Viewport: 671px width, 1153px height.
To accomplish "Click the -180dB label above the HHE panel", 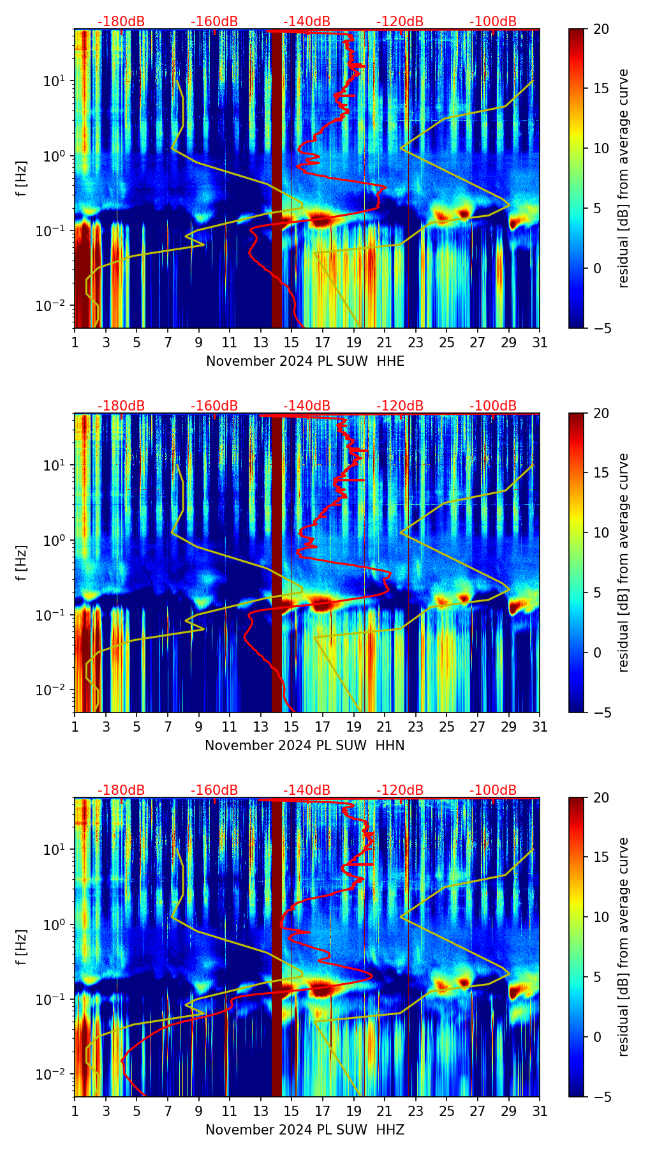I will (x=121, y=22).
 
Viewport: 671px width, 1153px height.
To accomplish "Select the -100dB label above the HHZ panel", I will (x=493, y=790).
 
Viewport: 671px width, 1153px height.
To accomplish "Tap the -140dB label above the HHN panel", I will (x=307, y=406).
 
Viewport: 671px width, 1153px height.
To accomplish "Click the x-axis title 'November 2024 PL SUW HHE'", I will (x=305, y=361).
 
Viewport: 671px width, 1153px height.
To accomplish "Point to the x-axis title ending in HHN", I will (x=305, y=746).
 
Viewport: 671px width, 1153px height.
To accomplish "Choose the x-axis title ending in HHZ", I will (x=305, y=1130).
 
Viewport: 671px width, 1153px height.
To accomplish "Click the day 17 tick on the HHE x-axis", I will (x=323, y=343).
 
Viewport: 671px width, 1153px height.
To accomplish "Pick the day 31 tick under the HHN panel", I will (x=540, y=727).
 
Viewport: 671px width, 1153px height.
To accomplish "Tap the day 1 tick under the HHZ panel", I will (x=75, y=1112).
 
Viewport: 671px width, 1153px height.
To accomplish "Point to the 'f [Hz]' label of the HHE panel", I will (x=22, y=178).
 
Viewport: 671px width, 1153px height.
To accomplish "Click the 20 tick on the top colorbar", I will (x=601, y=29).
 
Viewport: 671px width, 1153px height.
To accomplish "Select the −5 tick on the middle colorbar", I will (x=601, y=712).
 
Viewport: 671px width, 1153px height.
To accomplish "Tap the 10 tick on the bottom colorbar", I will (x=601, y=917).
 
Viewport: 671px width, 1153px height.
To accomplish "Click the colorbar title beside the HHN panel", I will (x=624, y=562).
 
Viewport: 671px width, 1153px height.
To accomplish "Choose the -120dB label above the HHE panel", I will (x=400, y=22).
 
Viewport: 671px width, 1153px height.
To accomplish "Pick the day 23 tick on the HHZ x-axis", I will (x=416, y=1112).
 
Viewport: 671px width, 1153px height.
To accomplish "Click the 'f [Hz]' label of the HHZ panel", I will (x=22, y=947).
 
